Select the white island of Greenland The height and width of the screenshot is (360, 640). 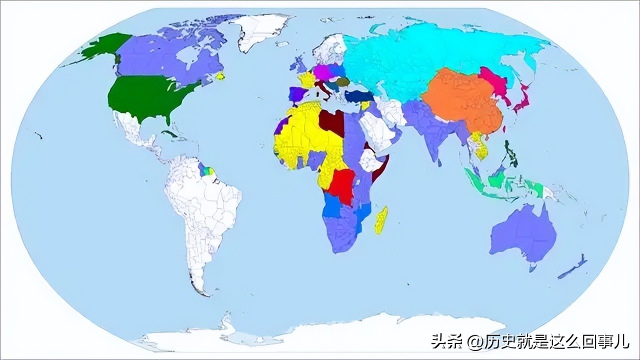[260, 30]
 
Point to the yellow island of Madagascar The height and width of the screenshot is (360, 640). [381, 221]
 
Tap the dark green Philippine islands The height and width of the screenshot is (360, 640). [510, 155]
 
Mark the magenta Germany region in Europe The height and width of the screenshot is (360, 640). [322, 73]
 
